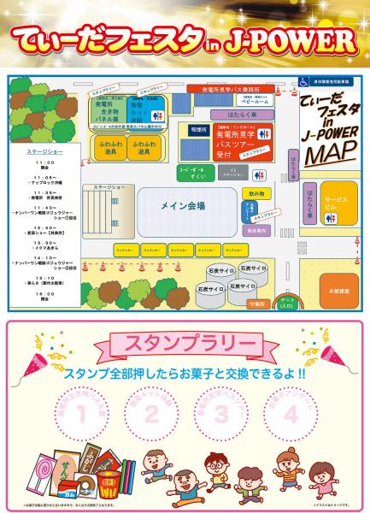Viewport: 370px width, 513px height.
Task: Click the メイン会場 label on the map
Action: click(x=183, y=206)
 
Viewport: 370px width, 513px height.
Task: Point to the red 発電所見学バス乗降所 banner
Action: click(x=219, y=88)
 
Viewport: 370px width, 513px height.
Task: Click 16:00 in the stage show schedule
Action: click(x=45, y=293)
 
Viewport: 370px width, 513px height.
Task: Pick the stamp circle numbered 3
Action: click(x=221, y=416)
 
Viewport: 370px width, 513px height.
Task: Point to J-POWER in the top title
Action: click(x=294, y=40)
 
